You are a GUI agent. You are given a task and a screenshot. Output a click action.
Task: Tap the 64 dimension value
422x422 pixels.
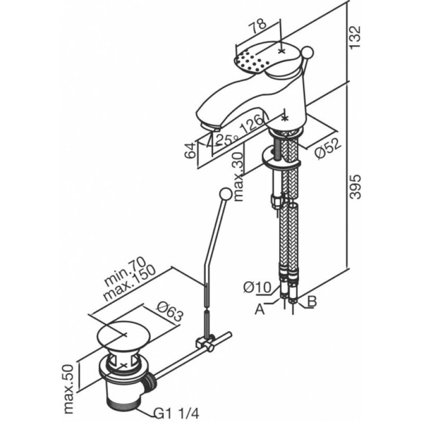pos(193,149)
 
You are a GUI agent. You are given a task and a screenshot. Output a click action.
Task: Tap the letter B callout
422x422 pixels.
pos(312,302)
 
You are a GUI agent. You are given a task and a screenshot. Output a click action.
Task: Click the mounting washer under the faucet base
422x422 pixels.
pos(283,161)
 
